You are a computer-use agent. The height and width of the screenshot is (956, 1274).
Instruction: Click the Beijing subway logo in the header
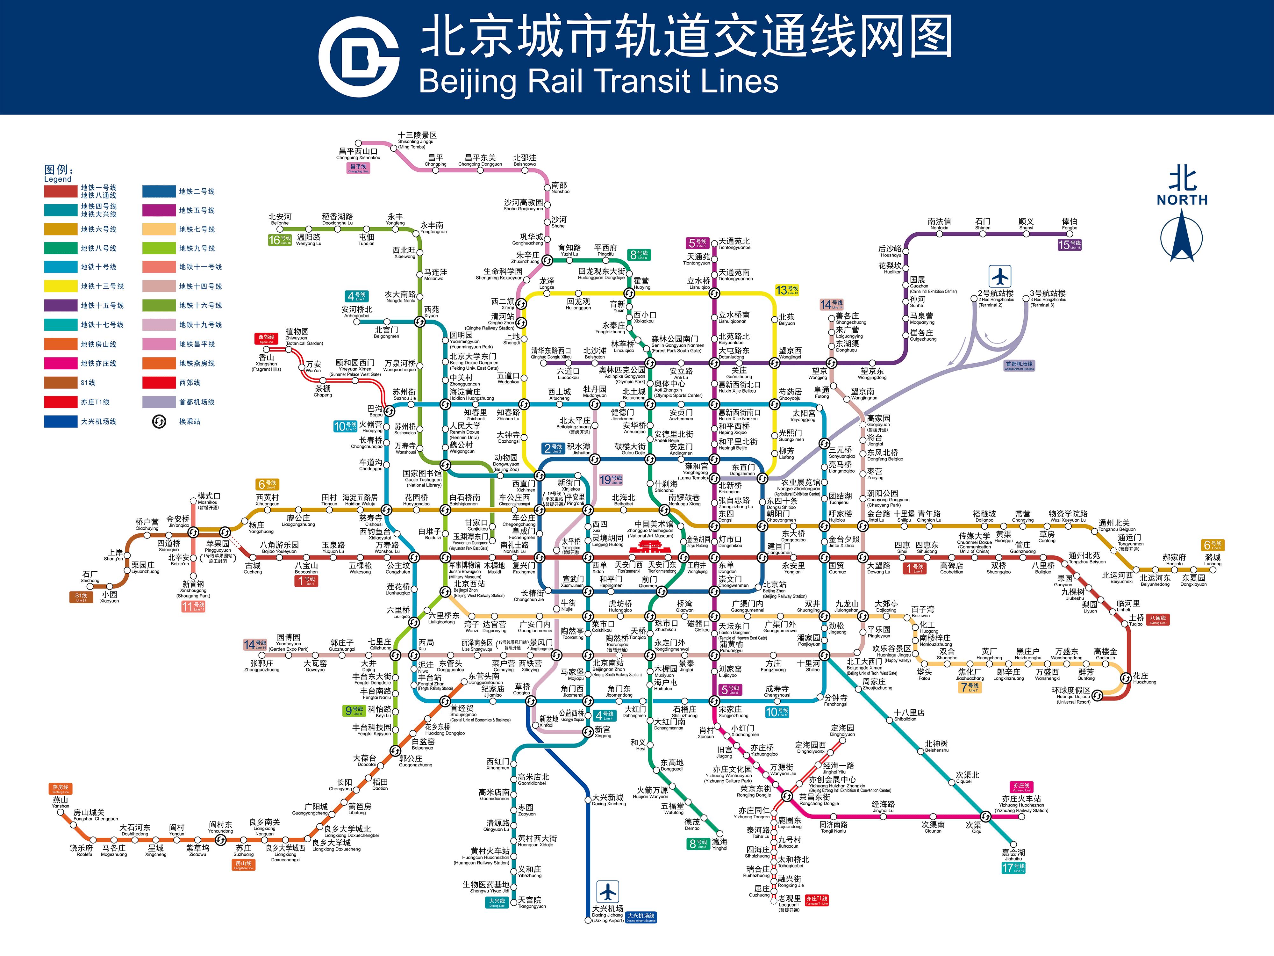359,57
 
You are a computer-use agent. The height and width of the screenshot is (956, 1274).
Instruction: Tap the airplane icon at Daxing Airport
607,892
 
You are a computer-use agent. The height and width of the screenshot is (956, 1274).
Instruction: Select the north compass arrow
1182,236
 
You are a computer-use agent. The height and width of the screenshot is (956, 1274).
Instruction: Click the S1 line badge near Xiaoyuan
81,597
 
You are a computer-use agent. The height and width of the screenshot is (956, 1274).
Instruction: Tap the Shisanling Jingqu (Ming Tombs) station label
417,138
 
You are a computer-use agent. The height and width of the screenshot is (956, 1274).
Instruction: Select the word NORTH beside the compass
1182,200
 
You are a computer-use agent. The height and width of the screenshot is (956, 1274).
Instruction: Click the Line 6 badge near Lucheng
1213,545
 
